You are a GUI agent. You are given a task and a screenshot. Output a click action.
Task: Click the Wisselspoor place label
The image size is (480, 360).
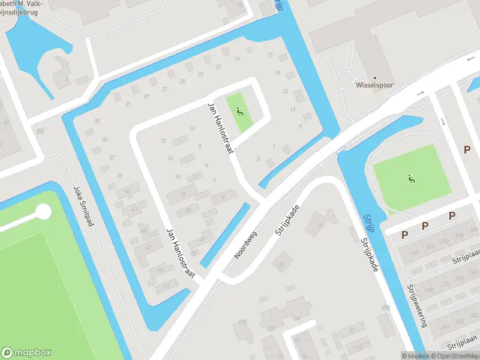pos(374,85)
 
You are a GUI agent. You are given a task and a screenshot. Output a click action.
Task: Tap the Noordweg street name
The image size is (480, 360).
pos(246,245)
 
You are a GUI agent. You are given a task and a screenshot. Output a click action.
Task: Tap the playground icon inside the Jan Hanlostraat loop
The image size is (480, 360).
pos(241,112)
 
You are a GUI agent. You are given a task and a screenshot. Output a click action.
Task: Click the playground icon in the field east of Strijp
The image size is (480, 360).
pos(412,178)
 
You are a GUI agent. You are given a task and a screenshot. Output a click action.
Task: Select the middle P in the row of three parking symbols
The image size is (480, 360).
pos(425,226)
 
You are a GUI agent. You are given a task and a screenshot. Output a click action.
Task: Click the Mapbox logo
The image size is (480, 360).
pos(26,353)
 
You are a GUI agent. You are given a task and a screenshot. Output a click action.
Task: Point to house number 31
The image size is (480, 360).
pos(127,104)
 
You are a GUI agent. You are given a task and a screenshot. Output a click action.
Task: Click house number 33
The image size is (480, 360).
pos(97,121)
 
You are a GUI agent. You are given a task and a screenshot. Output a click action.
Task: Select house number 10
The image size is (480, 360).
pos(192,128)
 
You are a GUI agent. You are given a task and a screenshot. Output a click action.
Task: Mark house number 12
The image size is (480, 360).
pos(163,141)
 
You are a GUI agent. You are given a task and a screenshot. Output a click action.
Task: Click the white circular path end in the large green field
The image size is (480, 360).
pos(43,212)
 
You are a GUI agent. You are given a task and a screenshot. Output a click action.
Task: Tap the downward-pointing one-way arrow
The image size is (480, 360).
pos(443,122)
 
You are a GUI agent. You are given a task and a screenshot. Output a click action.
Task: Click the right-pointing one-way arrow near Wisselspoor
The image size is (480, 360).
pos(421,93)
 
